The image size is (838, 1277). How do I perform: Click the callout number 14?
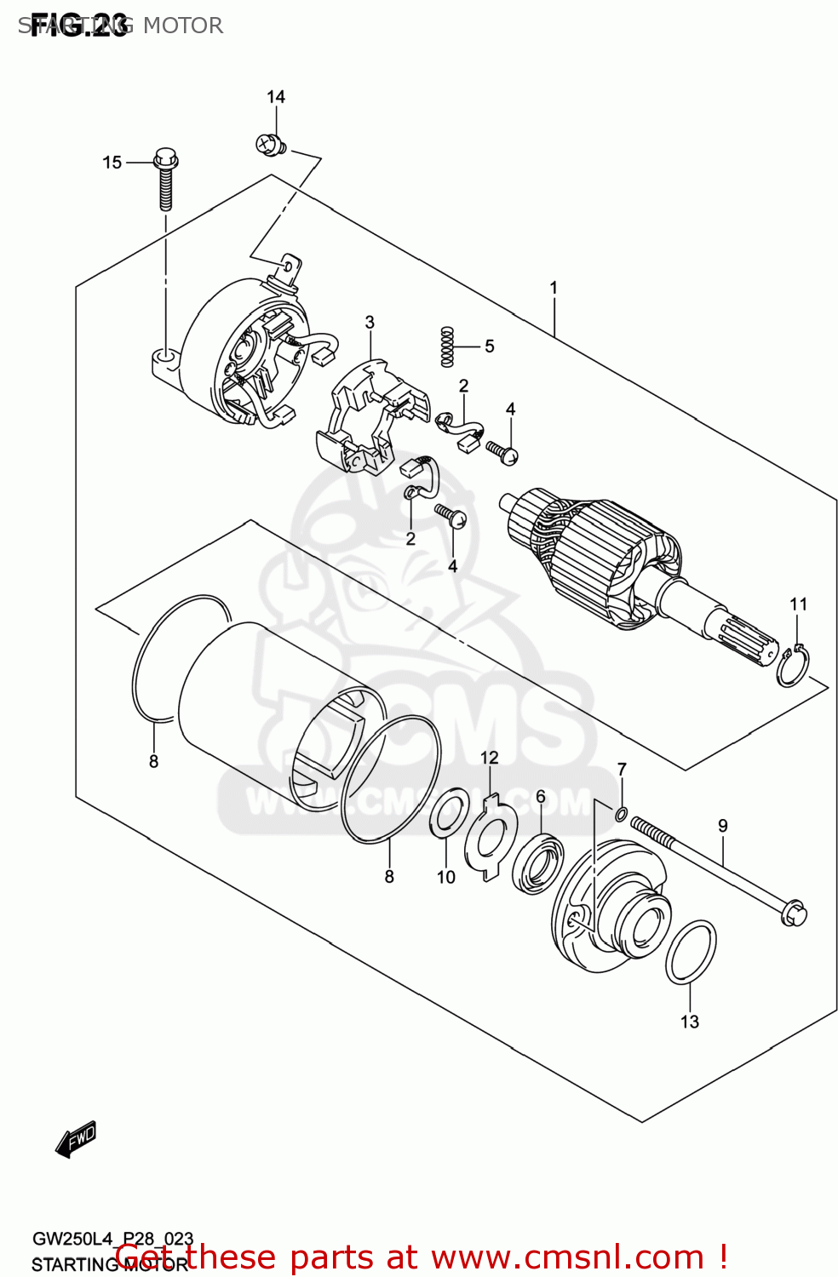pos(276,97)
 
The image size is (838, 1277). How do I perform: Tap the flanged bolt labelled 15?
pos(166,179)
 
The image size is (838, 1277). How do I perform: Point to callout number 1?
pos(554,288)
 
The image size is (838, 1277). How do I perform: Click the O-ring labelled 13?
pos(691,952)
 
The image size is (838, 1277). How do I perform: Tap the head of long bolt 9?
pos(793,913)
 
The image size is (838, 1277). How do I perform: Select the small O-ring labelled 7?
pos(621,815)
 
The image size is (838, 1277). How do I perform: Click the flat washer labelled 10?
pos(449,813)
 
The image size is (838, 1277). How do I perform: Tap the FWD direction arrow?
pos(77,1139)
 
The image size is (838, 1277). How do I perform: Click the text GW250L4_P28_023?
pos(112,1239)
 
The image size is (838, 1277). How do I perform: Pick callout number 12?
pos(489,758)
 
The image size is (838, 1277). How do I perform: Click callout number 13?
pos(690,1022)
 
